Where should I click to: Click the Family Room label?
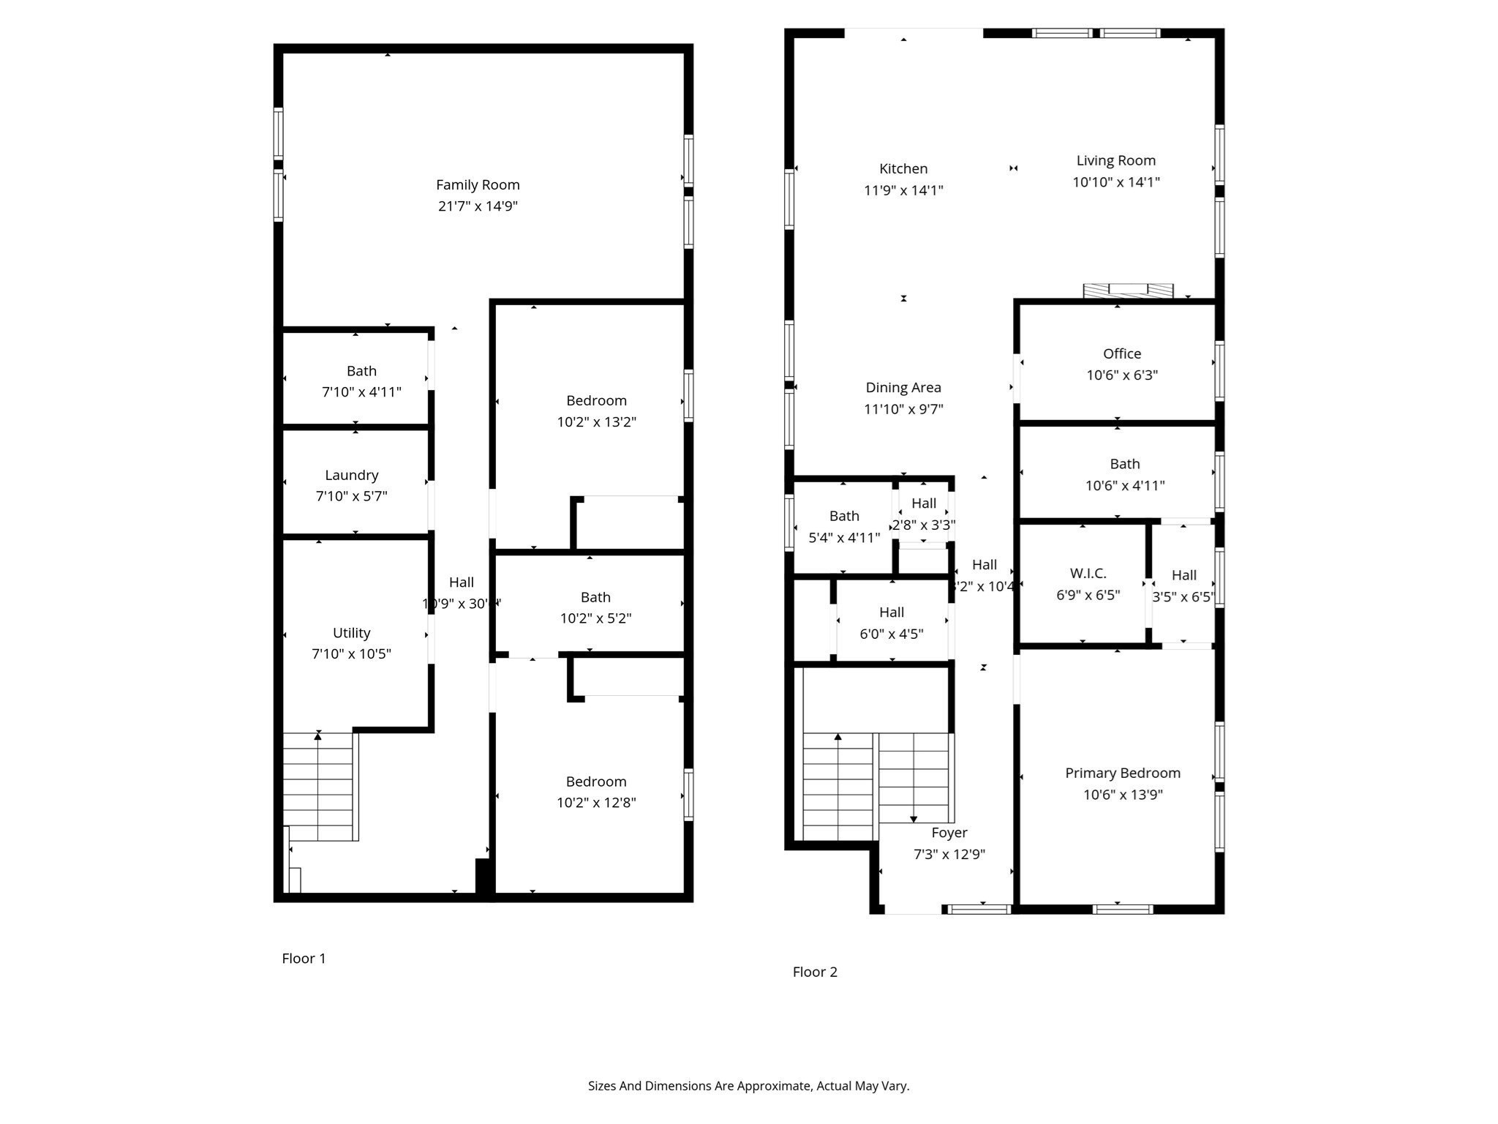(x=478, y=185)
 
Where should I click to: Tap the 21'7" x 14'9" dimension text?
(x=478, y=206)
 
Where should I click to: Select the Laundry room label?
(x=352, y=475)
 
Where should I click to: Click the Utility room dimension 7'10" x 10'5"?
(x=352, y=653)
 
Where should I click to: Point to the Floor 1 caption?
(x=304, y=958)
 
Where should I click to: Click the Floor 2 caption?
(x=815, y=972)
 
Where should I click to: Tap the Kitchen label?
(x=903, y=169)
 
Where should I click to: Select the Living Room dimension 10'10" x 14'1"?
(x=1116, y=182)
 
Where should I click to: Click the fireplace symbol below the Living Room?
(x=1128, y=291)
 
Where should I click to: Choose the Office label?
(x=1122, y=354)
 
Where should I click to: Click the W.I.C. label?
(x=1088, y=574)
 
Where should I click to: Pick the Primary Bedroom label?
(x=1123, y=773)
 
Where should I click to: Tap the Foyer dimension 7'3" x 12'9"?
(x=949, y=854)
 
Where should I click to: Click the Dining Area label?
(x=903, y=388)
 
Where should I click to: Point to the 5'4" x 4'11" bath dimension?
(x=844, y=538)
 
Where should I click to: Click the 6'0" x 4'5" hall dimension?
(x=892, y=634)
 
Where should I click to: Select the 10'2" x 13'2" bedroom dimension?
(x=596, y=422)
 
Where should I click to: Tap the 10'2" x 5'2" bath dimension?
(x=595, y=618)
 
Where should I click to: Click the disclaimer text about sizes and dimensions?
(x=748, y=1086)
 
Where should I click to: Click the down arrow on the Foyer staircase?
(x=914, y=819)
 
